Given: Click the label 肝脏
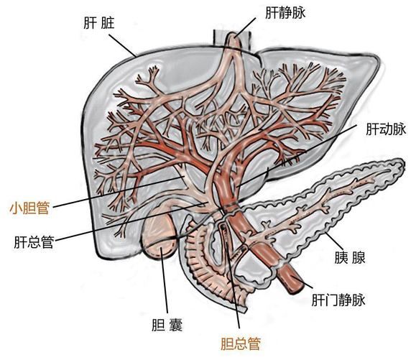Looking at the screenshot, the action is (99, 23).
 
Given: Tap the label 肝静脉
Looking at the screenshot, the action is (285, 13).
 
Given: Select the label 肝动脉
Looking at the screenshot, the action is (386, 129).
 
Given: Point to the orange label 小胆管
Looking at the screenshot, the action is (29, 208).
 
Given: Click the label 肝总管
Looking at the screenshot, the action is (34, 242).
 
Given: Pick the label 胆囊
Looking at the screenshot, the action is (167, 325).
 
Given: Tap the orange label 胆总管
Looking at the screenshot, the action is (241, 343).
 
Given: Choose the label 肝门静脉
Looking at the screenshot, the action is (338, 300).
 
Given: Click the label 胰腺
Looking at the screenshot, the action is (350, 257).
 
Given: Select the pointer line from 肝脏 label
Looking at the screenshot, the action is (122, 45).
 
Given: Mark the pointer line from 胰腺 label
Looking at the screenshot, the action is (333, 241).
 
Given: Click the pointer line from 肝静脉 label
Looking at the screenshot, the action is (246, 27).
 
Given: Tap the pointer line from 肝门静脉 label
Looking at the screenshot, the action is (302, 282).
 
